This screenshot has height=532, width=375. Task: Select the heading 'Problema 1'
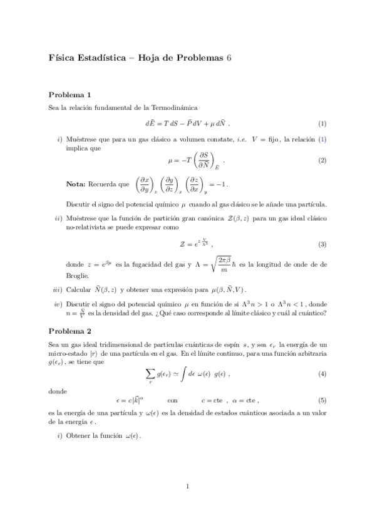69,95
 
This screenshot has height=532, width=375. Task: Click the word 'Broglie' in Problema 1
77,275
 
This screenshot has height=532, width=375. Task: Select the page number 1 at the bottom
187,503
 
